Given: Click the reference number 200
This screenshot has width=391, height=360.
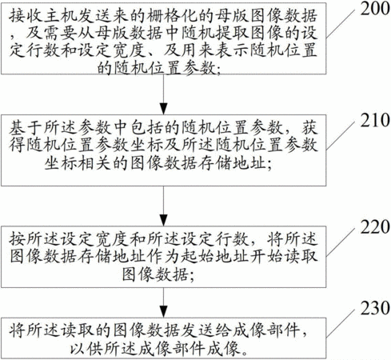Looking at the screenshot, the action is [375, 9].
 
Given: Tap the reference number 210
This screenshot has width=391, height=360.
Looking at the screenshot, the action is [375, 120].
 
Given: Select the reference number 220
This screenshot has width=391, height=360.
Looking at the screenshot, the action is [375, 227].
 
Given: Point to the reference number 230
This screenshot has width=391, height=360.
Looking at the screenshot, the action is [375, 308].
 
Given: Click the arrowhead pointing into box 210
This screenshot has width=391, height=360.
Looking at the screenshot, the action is [163, 109].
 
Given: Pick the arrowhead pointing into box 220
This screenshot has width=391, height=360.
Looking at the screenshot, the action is [163, 220].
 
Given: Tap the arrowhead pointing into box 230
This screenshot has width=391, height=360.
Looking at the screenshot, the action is [163, 311].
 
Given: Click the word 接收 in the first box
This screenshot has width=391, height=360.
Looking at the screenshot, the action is [26, 16].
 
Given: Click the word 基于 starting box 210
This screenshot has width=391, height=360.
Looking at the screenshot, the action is [26, 128].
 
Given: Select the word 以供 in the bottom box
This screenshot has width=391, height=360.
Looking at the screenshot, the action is [86, 348].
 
